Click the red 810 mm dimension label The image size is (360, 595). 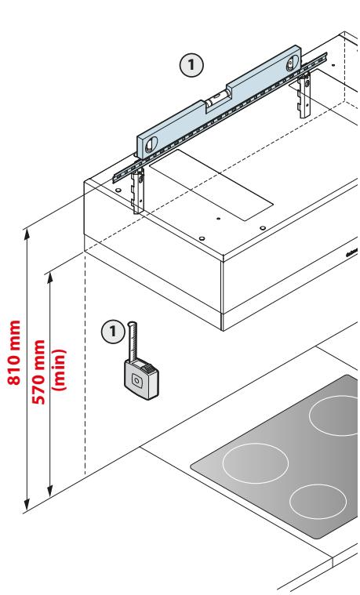coord(14,353)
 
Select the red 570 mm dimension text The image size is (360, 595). coord(39,372)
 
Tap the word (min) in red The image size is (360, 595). coord(60,369)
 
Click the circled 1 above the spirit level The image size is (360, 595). coord(191,65)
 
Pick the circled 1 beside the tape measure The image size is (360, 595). coord(113,332)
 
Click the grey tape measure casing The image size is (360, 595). coord(141,379)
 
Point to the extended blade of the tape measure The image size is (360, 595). coord(132,342)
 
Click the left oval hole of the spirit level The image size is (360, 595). coord(151,144)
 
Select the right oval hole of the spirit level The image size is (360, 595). coord(292,63)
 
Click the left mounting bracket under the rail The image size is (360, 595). coord(138,190)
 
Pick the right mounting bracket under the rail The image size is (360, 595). coord(304,96)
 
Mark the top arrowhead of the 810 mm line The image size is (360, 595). coord(27,234)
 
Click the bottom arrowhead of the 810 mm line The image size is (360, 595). coord(27,505)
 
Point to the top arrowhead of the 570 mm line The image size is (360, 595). coord(49,278)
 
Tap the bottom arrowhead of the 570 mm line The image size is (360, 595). coord(49,491)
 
